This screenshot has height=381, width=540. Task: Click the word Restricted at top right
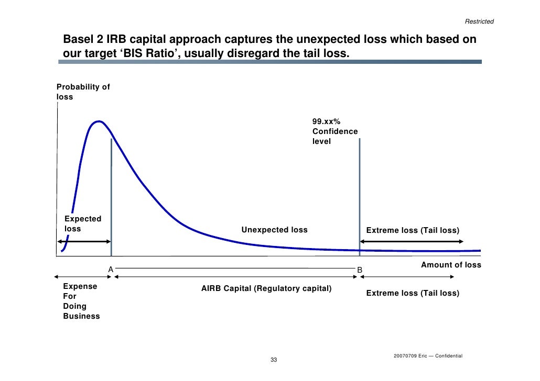click(479, 21)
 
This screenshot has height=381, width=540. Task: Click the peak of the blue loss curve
click(98, 121)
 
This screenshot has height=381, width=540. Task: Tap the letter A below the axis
click(111, 269)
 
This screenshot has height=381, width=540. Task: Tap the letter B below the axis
click(360, 270)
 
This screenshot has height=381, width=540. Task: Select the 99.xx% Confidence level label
click(335, 131)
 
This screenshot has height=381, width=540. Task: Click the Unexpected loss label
click(274, 230)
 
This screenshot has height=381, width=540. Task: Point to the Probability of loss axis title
click(83, 92)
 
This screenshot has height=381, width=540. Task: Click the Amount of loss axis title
click(451, 265)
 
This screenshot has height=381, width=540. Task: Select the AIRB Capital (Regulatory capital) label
click(266, 288)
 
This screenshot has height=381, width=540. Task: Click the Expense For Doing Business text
click(81, 301)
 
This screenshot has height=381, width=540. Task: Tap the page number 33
click(273, 361)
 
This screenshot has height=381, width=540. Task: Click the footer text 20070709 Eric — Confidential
click(428, 355)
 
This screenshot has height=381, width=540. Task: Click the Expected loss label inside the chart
click(82, 223)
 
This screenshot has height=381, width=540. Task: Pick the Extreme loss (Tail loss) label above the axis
click(413, 230)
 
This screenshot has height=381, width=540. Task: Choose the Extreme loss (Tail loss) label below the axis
click(413, 293)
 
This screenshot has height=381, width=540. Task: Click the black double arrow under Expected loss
click(84, 241)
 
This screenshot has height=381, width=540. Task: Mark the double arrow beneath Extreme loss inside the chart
click(412, 241)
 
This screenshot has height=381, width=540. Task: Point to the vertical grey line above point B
click(360, 194)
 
